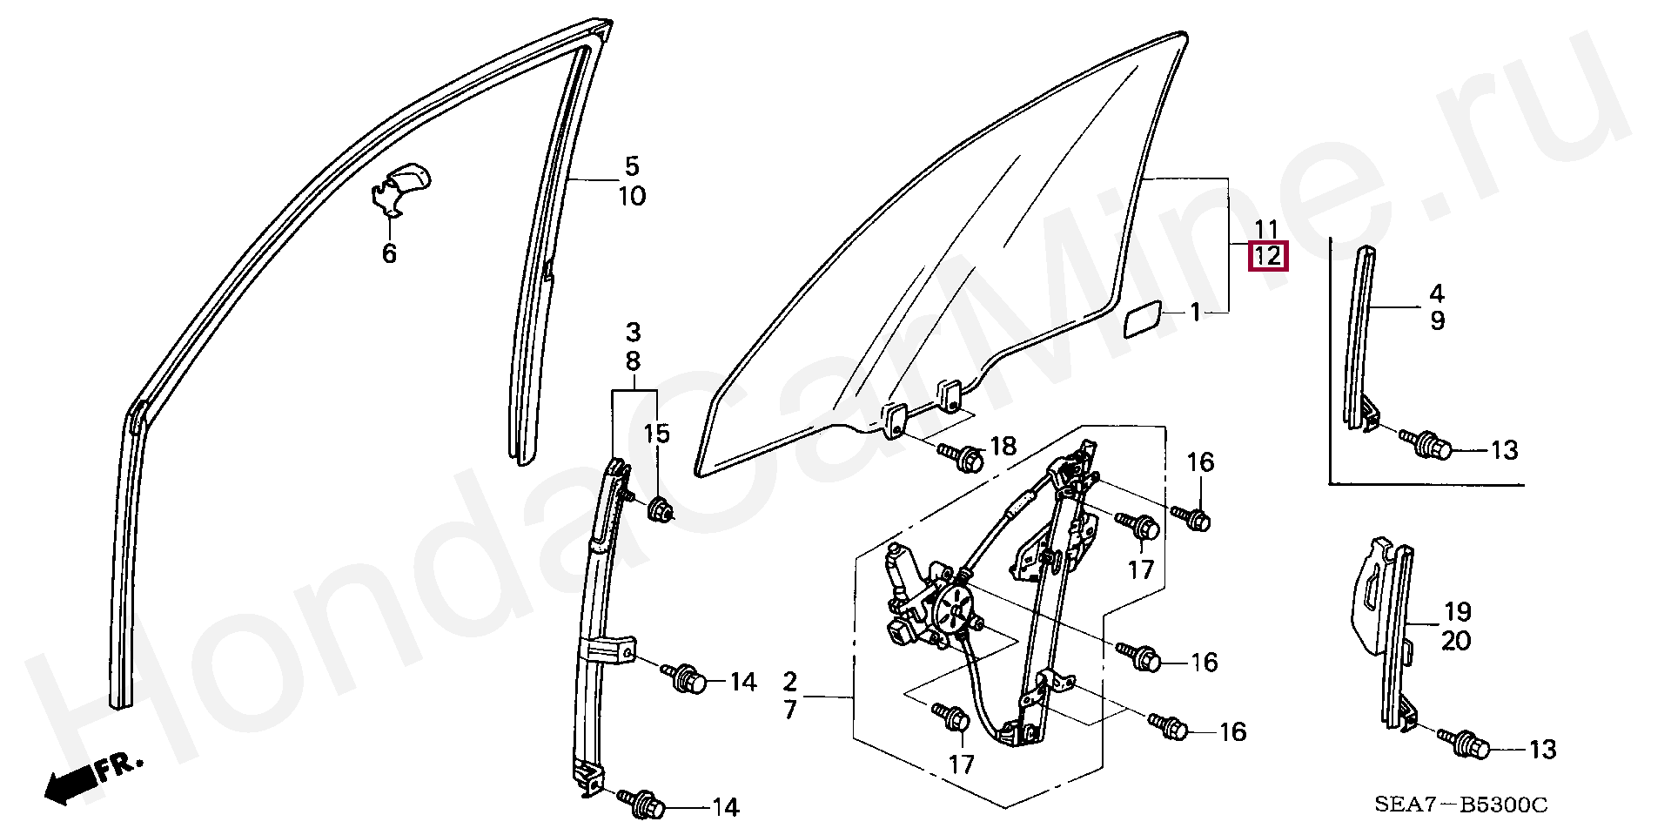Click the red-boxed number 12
pyautogui.click(x=1267, y=257)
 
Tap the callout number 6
pyautogui.click(x=389, y=254)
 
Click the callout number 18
pyautogui.click(x=1003, y=447)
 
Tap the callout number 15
pyautogui.click(x=657, y=434)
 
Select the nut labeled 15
pyautogui.click(x=661, y=507)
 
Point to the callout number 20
pyautogui.click(x=1456, y=641)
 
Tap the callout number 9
pyautogui.click(x=1437, y=321)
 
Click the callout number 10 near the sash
pyautogui.click(x=633, y=196)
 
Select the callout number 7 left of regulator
pyautogui.click(x=789, y=710)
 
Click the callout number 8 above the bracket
pyautogui.click(x=633, y=360)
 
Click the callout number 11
pyautogui.click(x=1266, y=229)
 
